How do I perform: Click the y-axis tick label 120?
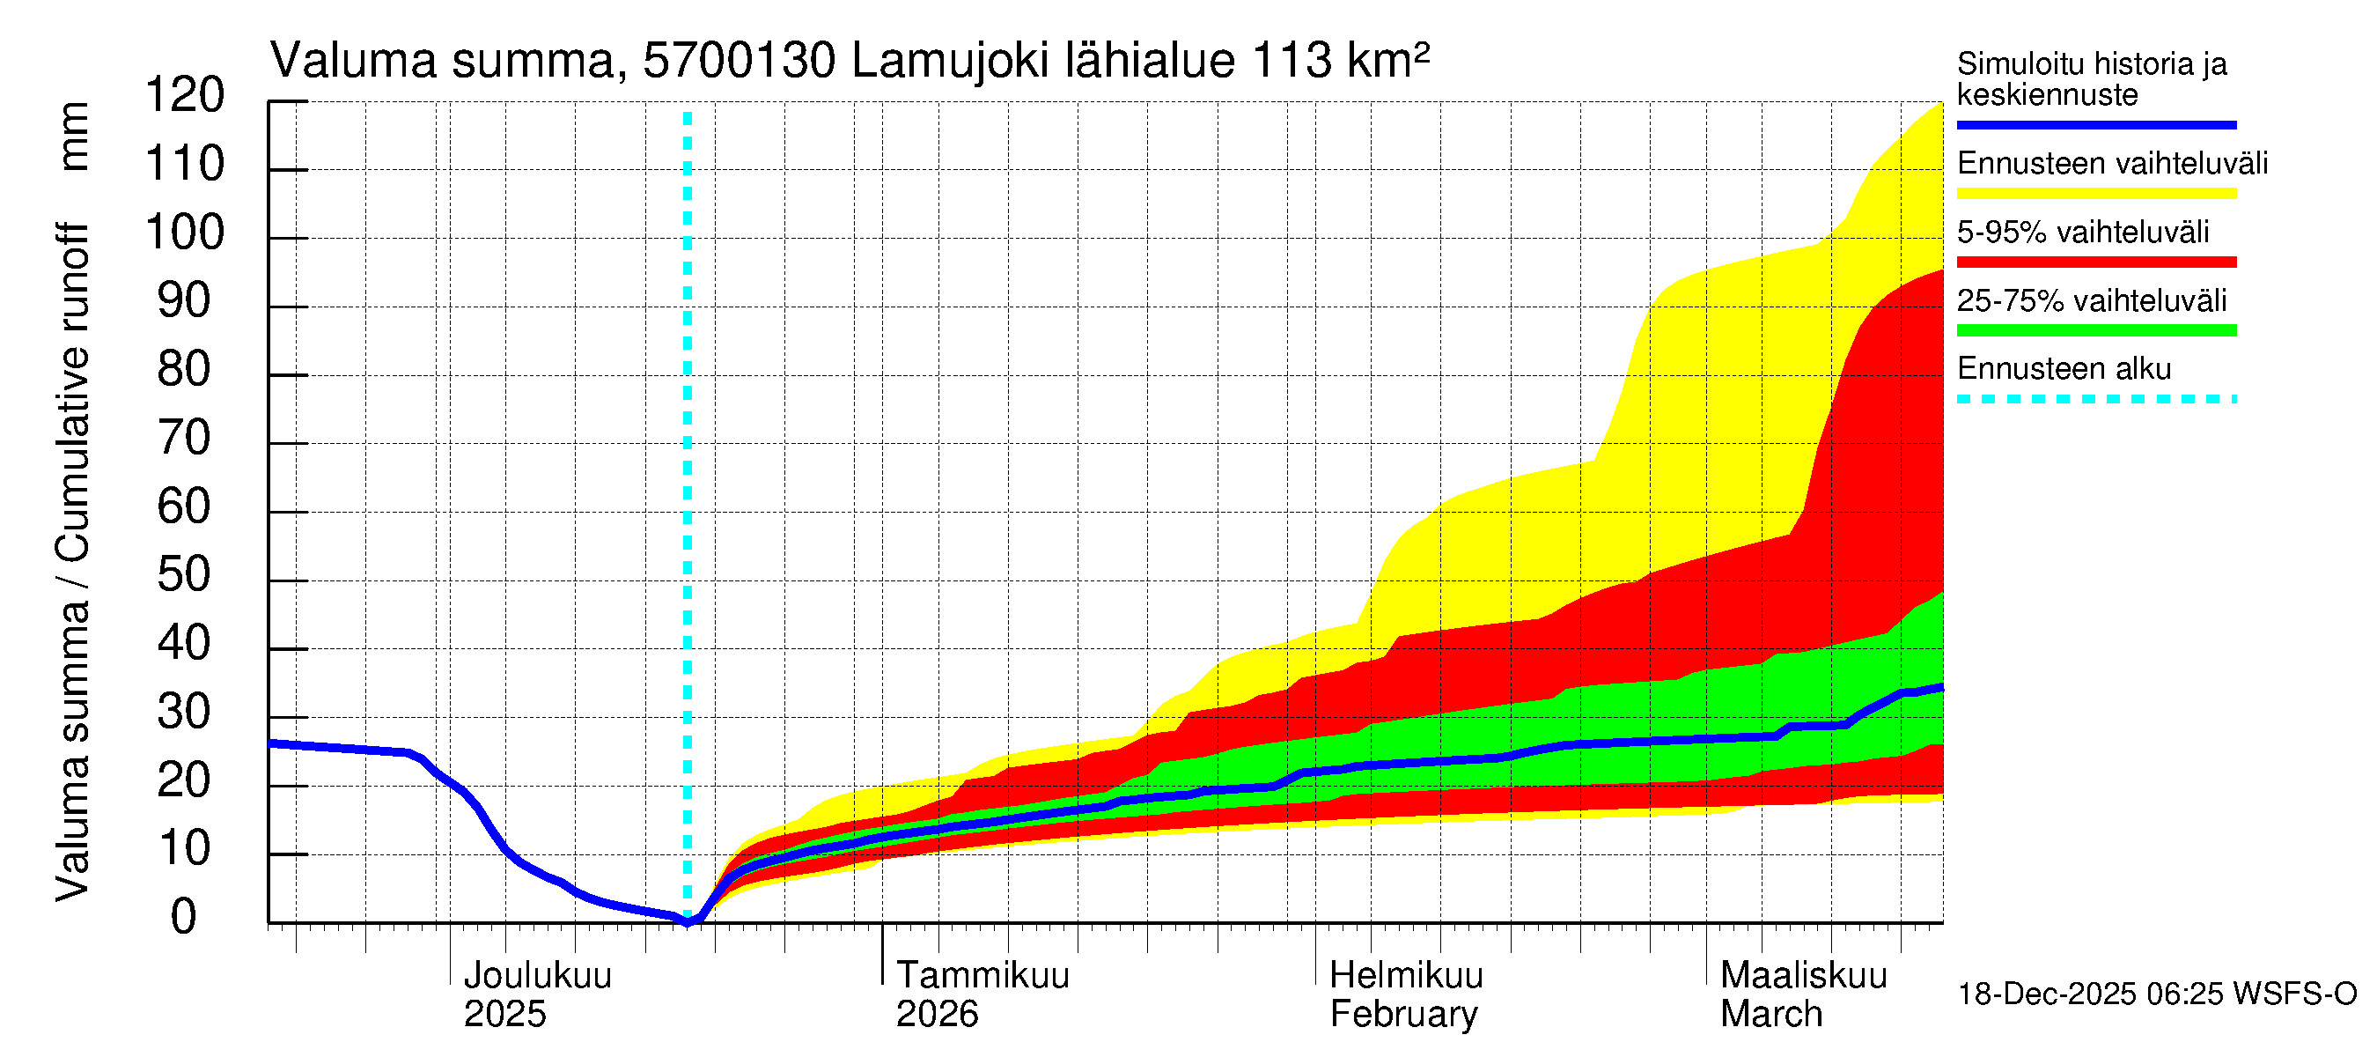[185, 96]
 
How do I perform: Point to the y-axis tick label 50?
[185, 575]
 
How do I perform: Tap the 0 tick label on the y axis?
[184, 918]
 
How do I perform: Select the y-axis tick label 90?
[185, 302]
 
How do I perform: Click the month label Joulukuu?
[537, 976]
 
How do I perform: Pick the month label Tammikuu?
[982, 976]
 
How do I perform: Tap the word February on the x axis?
[1403, 1015]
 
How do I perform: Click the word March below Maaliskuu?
[1770, 1015]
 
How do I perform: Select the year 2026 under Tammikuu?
[937, 1015]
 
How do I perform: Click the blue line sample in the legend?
[2095, 124]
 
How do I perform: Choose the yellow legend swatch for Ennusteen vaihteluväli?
[2095, 194]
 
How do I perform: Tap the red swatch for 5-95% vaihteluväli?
[2095, 262]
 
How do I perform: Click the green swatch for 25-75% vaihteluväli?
[2095, 330]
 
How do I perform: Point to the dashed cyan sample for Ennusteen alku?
[2095, 400]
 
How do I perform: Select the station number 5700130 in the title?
[740, 62]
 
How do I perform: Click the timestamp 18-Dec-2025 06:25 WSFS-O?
[2156, 994]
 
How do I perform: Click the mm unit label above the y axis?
[73, 137]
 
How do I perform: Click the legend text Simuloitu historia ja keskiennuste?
[2092, 79]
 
